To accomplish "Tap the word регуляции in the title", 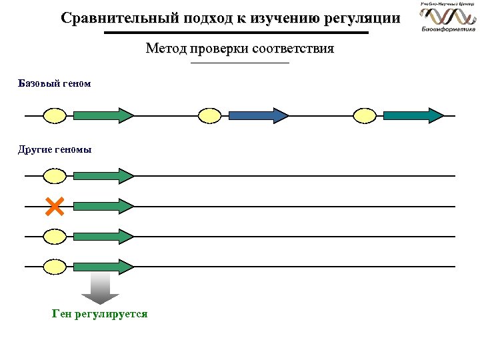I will [362, 18].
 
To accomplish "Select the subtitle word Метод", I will [165, 49].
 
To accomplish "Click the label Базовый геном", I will [54, 85].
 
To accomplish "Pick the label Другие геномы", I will [55, 149].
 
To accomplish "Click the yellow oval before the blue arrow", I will [210, 115].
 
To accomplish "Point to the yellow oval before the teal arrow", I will [365, 115].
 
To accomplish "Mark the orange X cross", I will [55, 206].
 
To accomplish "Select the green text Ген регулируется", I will [99, 314].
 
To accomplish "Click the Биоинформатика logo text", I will [448, 29].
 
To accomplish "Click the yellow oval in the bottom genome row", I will [55, 267].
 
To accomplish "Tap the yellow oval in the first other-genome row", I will [55, 176].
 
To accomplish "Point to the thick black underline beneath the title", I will [236, 33].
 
